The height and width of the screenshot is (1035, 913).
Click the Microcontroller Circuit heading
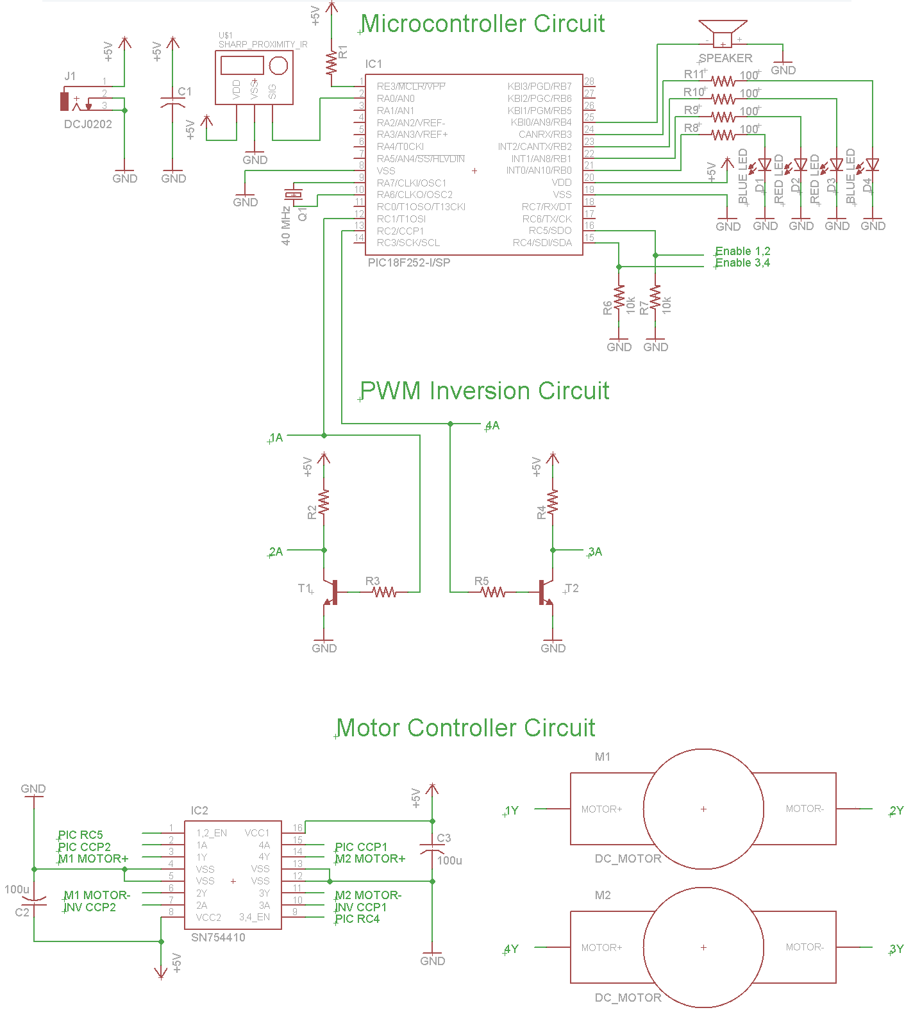483,24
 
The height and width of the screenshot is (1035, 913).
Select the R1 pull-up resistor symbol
331,63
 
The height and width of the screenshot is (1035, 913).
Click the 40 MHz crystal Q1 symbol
294,195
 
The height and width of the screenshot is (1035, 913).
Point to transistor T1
331,592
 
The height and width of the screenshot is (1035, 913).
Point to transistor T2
545,592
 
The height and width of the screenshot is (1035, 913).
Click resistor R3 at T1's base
385,592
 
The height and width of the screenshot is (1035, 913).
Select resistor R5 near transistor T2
493,592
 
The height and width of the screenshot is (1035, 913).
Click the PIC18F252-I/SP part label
409,263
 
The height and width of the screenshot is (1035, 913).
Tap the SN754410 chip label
218,938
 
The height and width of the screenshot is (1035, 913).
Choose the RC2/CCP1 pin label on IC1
400,231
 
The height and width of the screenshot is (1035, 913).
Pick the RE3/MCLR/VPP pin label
411,87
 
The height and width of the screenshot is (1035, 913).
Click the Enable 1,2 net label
742,251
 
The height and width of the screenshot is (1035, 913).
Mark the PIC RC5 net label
80,835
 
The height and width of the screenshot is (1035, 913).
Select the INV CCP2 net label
90,907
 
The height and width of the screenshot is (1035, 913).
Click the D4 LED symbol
873,165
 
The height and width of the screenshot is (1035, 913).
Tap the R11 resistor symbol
723,81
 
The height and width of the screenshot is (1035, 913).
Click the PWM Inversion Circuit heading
484,391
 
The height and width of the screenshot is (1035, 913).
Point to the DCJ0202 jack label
88,124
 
